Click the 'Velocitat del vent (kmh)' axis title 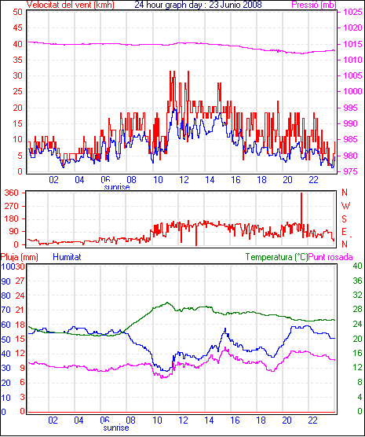(71, 5)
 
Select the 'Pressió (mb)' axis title (314, 5)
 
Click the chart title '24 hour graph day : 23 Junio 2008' (199, 5)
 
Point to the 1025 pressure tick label (352, 12)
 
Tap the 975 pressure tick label (352, 171)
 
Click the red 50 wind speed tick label (18, 12)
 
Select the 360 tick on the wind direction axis (12, 193)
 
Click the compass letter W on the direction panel (345, 206)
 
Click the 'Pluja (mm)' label (19, 257)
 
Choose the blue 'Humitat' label (67, 257)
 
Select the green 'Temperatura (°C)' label (277, 257)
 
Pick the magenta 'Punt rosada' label (330, 257)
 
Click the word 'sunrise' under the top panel (117, 187)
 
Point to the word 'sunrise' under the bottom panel (116, 428)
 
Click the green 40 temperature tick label (357, 266)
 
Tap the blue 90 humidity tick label (5, 281)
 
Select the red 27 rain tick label (20, 281)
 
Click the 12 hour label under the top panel (184, 180)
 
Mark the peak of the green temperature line (167, 303)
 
